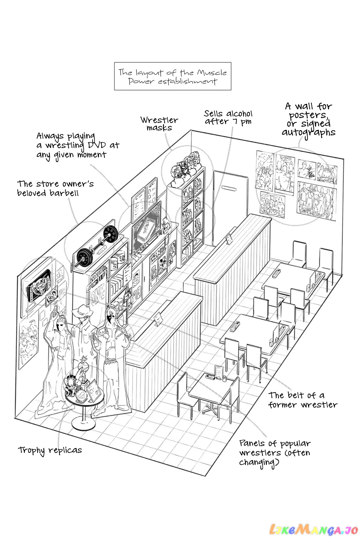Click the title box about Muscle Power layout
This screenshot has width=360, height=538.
(173, 76)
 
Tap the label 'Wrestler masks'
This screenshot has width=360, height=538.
(159, 124)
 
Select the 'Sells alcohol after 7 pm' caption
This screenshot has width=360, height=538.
(228, 117)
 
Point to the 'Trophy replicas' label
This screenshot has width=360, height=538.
(50, 450)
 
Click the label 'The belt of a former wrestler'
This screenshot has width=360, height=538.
(302, 400)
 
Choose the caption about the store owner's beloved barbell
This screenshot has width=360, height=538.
(56, 188)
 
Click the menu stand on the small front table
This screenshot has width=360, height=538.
(219, 372)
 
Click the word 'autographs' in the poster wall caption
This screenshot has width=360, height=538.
(309, 133)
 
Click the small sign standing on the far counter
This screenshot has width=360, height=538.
(229, 239)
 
